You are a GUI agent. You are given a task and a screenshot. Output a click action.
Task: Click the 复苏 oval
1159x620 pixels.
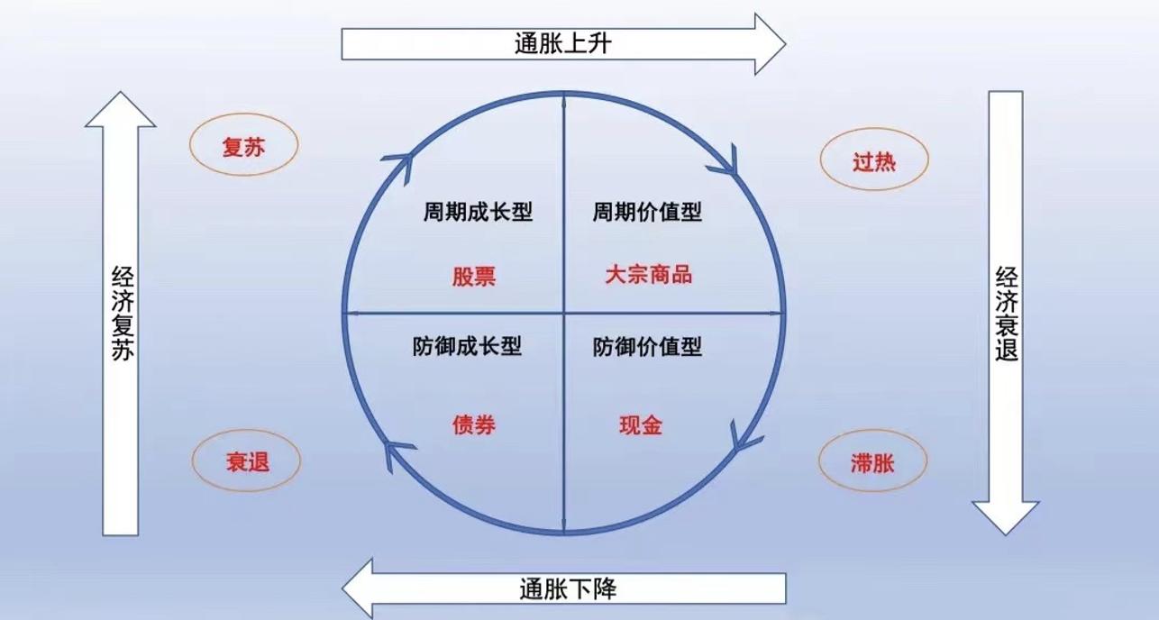point(243,146)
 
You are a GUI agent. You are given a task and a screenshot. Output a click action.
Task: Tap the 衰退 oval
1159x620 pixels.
point(245,461)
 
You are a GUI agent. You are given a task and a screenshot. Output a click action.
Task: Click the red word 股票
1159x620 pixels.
point(474,276)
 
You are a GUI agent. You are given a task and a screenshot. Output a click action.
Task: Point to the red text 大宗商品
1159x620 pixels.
point(649,274)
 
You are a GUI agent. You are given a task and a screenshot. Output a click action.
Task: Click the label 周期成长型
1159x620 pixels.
point(479,213)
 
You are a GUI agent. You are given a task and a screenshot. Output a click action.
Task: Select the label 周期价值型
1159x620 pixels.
point(647,213)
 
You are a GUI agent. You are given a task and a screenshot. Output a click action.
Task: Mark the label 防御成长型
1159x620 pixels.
point(468,346)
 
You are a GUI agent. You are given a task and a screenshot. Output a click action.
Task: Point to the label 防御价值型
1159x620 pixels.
point(647,346)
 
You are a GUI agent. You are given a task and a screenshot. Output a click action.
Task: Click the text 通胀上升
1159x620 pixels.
point(550,43)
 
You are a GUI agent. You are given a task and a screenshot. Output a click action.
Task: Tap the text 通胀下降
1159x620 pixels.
point(568,589)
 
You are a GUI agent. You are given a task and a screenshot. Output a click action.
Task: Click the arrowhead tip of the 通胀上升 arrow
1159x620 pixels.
point(784,43)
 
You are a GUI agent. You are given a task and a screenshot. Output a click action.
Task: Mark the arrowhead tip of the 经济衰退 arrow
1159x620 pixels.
point(1006,533)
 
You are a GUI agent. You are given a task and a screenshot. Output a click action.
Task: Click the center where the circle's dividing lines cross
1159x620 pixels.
point(564,314)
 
